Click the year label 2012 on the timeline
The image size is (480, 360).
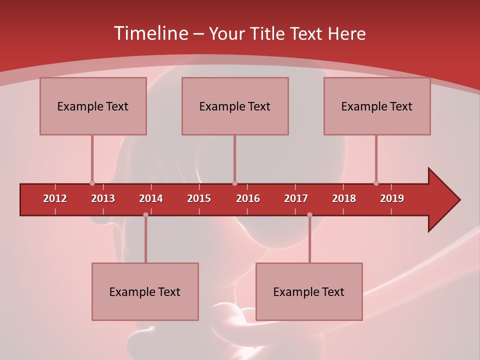[x=55, y=198]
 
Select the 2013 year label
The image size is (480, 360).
[x=103, y=198]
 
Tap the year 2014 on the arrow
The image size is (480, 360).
[x=151, y=198]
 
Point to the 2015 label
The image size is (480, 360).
[x=199, y=198]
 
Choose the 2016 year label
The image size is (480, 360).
[x=248, y=198]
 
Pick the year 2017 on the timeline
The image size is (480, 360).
[x=296, y=198]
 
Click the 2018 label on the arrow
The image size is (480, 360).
[x=344, y=198]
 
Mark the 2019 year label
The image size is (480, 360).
[x=392, y=198]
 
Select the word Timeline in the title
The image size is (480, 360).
[x=149, y=33]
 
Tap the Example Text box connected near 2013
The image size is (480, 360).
[x=93, y=106]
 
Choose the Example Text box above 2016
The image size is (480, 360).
[x=235, y=106]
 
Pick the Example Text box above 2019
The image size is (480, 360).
[x=377, y=106]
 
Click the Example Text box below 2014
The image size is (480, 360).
[x=145, y=291]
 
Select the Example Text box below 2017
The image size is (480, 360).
[x=309, y=291]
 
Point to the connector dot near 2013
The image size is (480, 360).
[x=92, y=183]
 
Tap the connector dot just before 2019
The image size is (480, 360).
[x=376, y=183]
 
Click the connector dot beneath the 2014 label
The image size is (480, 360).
[x=145, y=214]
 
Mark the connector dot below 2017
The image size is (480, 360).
[x=309, y=214]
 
